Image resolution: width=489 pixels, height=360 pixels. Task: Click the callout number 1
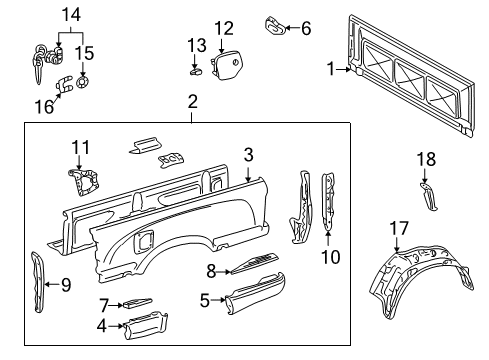pos(330,69)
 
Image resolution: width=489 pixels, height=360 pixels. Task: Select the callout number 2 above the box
pos(192,102)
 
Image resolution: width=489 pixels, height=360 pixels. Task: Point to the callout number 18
pos(426,159)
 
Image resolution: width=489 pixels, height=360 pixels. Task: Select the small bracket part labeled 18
pos(427,195)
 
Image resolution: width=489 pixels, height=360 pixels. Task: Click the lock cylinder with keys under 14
pos(41,61)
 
